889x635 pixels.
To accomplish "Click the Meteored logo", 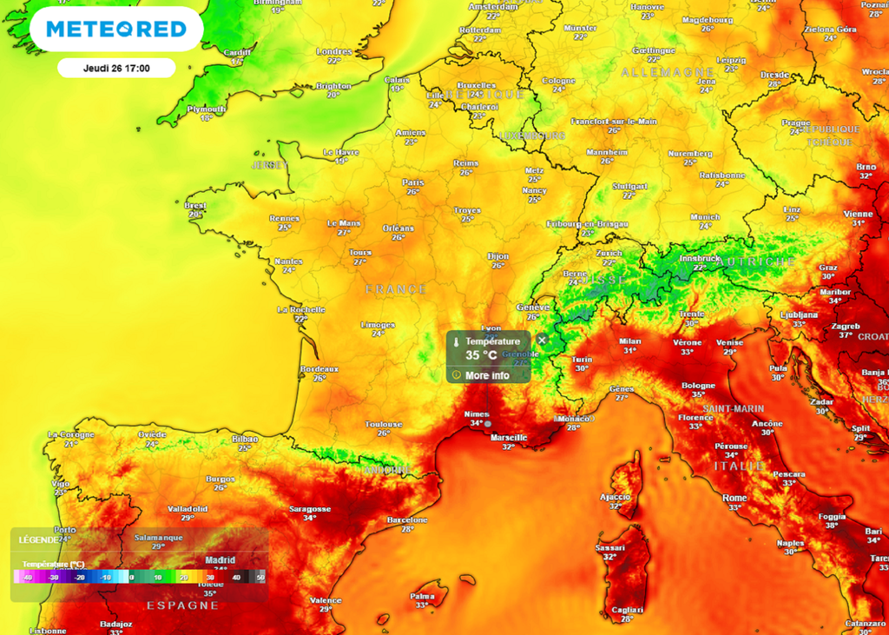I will click(116, 30).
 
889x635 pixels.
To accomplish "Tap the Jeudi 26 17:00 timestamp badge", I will click(116, 68).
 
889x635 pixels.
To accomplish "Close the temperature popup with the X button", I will click(542, 340).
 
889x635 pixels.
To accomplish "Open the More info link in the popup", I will click(487, 375).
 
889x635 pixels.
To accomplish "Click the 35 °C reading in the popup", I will click(482, 355).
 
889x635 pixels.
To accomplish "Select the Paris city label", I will click(413, 182).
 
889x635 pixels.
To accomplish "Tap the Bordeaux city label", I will click(319, 368).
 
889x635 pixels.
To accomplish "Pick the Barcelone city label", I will click(407, 519).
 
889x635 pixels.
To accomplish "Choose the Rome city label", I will click(734, 498).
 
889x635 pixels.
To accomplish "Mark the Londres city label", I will click(334, 50).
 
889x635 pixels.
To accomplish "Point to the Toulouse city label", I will click(383, 424).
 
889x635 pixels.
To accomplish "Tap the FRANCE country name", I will click(396, 288).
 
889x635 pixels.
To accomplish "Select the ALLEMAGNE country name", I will click(656, 72).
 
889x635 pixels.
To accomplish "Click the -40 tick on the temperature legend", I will click(28, 577).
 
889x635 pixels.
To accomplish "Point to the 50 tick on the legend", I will click(260, 577).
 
